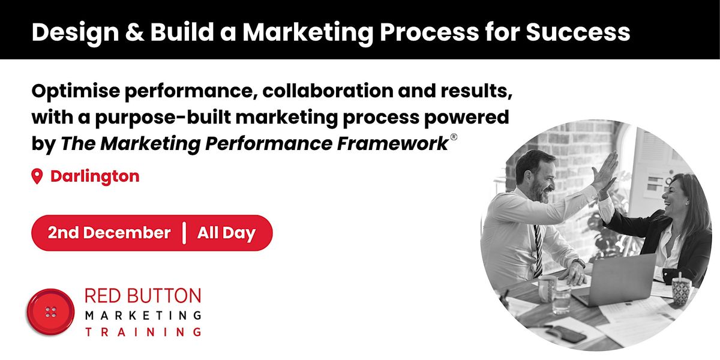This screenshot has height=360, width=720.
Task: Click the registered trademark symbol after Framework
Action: click(x=454, y=138)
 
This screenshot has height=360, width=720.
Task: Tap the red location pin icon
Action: click(x=38, y=176)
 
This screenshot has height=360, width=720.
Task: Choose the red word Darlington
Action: click(x=95, y=176)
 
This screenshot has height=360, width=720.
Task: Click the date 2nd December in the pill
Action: click(x=109, y=233)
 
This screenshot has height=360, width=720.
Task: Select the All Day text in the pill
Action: click(x=226, y=233)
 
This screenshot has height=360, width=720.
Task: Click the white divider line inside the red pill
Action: click(x=184, y=233)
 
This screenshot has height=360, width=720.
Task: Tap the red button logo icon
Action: click(x=50, y=313)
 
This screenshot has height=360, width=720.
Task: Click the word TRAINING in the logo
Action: click(x=143, y=331)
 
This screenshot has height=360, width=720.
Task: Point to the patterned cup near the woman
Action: click(x=680, y=292)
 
